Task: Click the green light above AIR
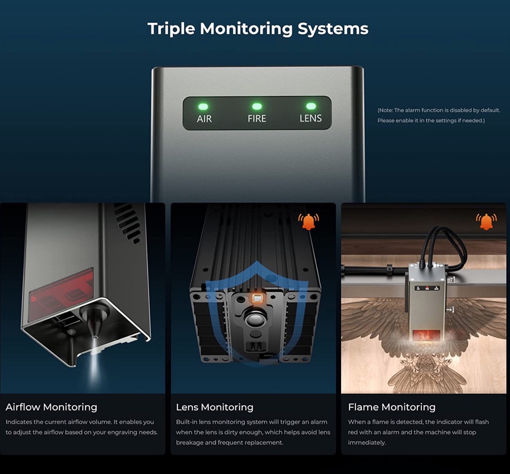(x=203, y=106)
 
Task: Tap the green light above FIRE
(x=257, y=106)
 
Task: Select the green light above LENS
(x=311, y=106)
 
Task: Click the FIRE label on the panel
(x=257, y=119)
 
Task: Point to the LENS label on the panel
(x=311, y=118)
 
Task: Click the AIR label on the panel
(x=204, y=119)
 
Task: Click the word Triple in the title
(x=171, y=29)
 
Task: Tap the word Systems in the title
(x=333, y=29)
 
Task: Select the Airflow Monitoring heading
(x=51, y=407)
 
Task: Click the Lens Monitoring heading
(x=215, y=407)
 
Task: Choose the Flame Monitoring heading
(x=392, y=407)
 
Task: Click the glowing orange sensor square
(x=258, y=299)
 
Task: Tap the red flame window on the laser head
(x=426, y=335)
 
